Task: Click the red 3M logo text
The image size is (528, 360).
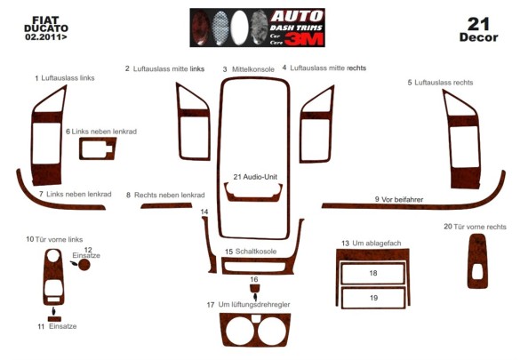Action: (x=304, y=40)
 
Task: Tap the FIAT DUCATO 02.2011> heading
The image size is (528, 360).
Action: (x=46, y=28)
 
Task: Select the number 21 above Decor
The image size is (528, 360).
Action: (x=478, y=24)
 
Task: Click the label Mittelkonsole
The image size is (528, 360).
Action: (x=253, y=69)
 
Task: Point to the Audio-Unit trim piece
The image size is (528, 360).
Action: (x=253, y=198)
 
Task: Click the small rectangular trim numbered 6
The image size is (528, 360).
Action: (x=98, y=148)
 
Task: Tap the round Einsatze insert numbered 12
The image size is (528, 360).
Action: (x=84, y=265)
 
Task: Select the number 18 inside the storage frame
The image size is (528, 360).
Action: (x=373, y=273)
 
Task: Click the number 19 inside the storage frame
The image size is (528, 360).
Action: (x=373, y=298)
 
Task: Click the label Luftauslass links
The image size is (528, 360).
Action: (x=68, y=78)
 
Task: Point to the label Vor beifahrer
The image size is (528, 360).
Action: (x=402, y=200)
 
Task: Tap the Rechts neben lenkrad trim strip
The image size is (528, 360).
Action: (x=166, y=205)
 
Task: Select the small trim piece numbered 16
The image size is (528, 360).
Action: (x=254, y=288)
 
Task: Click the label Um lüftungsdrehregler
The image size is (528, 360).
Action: (x=254, y=304)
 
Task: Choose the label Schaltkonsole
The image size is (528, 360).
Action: (x=256, y=252)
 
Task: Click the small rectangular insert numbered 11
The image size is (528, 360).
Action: (x=54, y=319)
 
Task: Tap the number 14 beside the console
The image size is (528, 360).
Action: (x=204, y=212)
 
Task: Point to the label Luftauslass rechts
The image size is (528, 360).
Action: (x=444, y=83)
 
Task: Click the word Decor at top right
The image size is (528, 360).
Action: (x=478, y=37)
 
